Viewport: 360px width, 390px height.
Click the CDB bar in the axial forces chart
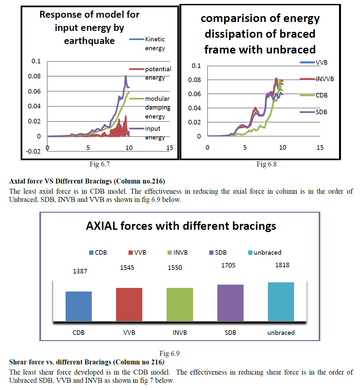coord(79,306)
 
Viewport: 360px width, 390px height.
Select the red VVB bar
coord(129,304)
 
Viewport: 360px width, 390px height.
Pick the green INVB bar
coord(180,304)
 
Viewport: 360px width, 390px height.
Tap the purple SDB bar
coord(230,303)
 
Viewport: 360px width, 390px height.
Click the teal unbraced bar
coord(281,301)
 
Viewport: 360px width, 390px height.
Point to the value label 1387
coord(80,271)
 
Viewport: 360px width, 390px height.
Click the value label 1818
coord(282,265)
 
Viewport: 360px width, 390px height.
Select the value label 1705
coord(228,265)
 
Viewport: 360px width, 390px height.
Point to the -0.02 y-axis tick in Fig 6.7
coord(33,151)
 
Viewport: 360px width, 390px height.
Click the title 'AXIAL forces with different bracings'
coord(181,226)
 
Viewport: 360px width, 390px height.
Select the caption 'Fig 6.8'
coord(266,164)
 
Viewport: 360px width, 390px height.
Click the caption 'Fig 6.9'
coord(169,353)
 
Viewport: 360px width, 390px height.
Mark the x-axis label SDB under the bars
coord(230,333)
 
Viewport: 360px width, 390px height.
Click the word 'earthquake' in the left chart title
coord(89,41)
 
